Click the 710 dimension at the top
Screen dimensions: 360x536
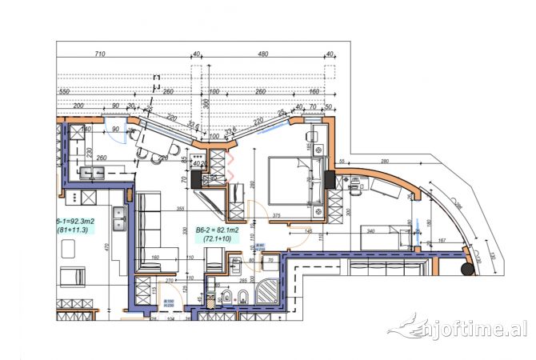tap(100, 54)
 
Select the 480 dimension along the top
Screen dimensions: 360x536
tap(262, 54)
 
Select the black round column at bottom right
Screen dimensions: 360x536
tap(466, 270)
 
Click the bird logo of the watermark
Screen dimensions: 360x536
tap(406, 327)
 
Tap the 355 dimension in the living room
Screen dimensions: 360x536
tap(181, 209)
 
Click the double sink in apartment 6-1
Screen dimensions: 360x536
tap(121, 214)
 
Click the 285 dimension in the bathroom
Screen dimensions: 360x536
tap(242, 282)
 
